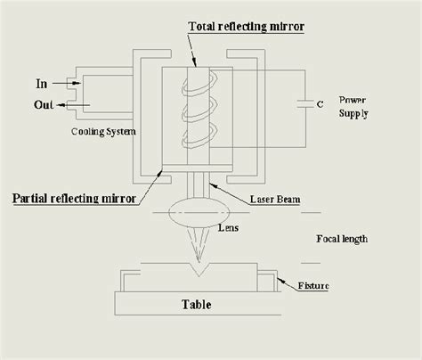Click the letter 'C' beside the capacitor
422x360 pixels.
319,104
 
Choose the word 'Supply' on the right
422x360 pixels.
353,113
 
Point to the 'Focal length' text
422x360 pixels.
342,239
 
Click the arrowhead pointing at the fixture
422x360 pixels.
278,282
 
